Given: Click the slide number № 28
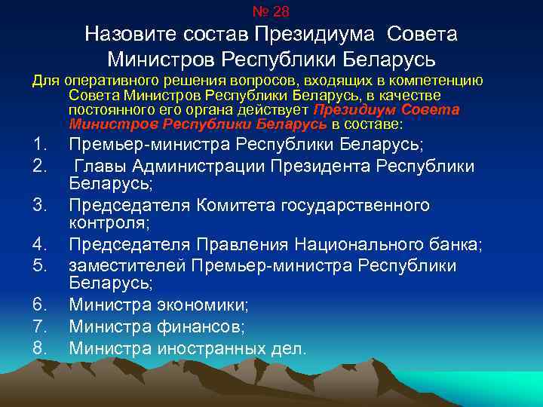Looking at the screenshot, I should coord(271,11).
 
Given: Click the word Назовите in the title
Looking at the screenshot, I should coord(129,35).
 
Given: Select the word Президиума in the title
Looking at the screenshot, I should coord(318,35).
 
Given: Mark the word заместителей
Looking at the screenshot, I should coord(127,266).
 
